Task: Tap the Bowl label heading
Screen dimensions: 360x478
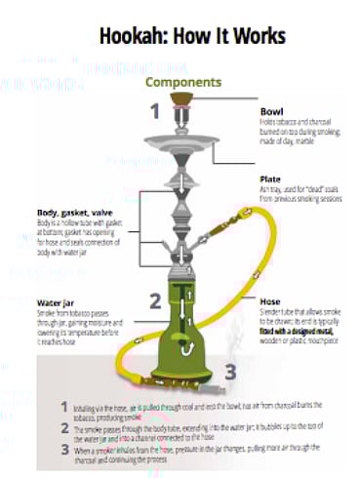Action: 271,111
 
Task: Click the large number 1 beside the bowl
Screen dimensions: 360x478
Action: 154,110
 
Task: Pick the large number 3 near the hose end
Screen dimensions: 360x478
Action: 230,371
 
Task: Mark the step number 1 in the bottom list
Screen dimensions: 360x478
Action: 64,404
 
